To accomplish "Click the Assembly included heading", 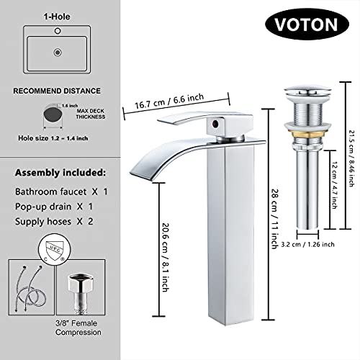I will (x=60, y=174).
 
